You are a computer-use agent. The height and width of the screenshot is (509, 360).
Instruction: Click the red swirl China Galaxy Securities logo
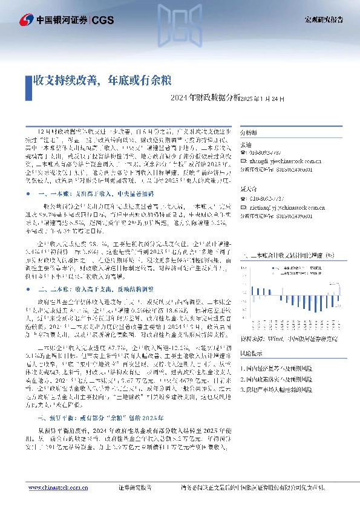click(x=25, y=21)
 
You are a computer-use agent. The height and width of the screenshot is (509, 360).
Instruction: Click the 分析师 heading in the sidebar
click(x=249, y=132)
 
